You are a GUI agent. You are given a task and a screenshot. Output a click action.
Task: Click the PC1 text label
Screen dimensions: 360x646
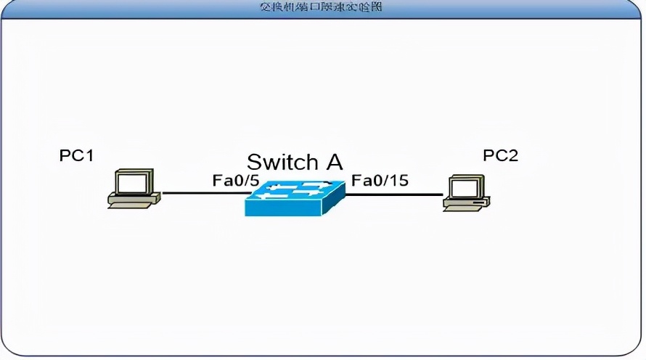[77, 155]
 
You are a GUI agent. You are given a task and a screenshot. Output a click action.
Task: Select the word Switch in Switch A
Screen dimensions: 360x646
[283, 161]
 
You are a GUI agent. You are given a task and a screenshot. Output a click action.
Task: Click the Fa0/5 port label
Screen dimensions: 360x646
[235, 180]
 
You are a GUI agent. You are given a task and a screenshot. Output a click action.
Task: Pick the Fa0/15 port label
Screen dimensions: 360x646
[380, 180]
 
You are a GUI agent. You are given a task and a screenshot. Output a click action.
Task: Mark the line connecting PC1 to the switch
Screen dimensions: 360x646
[203, 194]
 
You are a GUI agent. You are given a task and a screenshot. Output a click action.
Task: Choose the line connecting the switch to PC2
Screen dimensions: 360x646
[396, 195]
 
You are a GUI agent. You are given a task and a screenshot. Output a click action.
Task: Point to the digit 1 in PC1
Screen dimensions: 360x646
[89, 155]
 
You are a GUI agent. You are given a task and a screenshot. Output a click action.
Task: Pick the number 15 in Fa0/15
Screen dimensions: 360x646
[398, 180]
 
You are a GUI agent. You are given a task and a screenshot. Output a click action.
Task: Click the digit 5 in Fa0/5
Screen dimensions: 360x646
[254, 180]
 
